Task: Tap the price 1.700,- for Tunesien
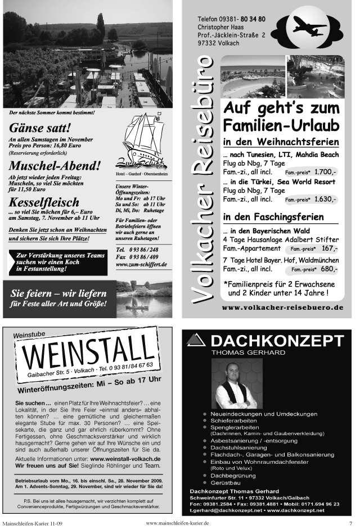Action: [x=326, y=171]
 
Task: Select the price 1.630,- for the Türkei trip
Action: [x=326, y=199]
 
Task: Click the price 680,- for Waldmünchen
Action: [x=328, y=269]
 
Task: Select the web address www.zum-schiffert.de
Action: [x=141, y=264]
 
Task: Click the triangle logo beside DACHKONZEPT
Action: [x=196, y=339]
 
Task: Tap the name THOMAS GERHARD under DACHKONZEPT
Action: [x=248, y=352]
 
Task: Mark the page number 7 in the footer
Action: [x=350, y=523]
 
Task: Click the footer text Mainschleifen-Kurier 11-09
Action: [x=33, y=523]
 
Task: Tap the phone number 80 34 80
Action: [x=254, y=19]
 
